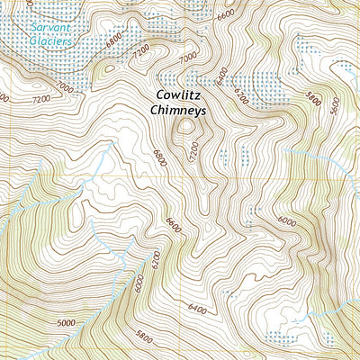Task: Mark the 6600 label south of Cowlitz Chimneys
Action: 173,223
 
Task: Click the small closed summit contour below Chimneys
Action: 187,128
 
